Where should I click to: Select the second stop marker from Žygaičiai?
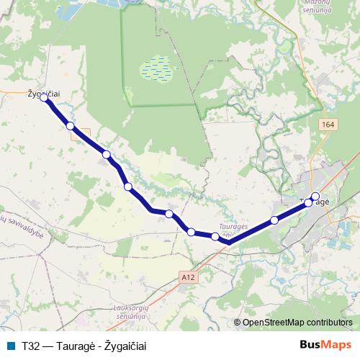click(x=70, y=126)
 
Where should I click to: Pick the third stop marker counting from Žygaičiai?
click(x=106, y=154)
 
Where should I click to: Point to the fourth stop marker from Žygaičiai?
click(x=127, y=186)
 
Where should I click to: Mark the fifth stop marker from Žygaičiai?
click(x=168, y=213)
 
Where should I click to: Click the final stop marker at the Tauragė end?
click(x=315, y=196)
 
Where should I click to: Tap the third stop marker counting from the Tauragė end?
click(x=274, y=220)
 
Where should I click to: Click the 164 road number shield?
click(x=328, y=125)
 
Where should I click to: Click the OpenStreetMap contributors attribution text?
click(x=297, y=323)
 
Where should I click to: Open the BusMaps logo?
click(x=325, y=346)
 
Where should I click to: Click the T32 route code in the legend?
click(x=30, y=346)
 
